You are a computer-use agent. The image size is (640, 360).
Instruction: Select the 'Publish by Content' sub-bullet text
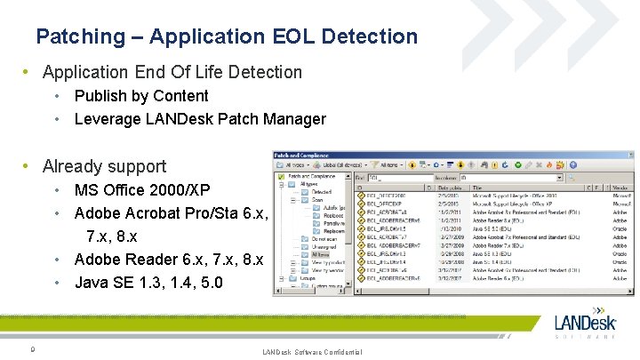coord(141,96)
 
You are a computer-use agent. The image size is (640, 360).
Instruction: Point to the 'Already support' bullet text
coord(104,166)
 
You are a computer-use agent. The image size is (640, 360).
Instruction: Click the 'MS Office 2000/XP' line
coord(142,190)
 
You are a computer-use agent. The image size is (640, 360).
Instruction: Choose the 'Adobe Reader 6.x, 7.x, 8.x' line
coord(169,260)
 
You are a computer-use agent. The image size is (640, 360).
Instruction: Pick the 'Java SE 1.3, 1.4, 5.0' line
coord(148,283)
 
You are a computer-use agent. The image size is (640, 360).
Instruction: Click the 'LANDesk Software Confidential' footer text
coord(312,353)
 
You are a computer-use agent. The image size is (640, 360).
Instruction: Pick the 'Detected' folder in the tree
coord(321,192)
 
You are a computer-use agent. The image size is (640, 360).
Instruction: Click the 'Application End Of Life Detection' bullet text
coord(172,72)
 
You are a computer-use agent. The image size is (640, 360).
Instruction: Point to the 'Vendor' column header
coord(621,188)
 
